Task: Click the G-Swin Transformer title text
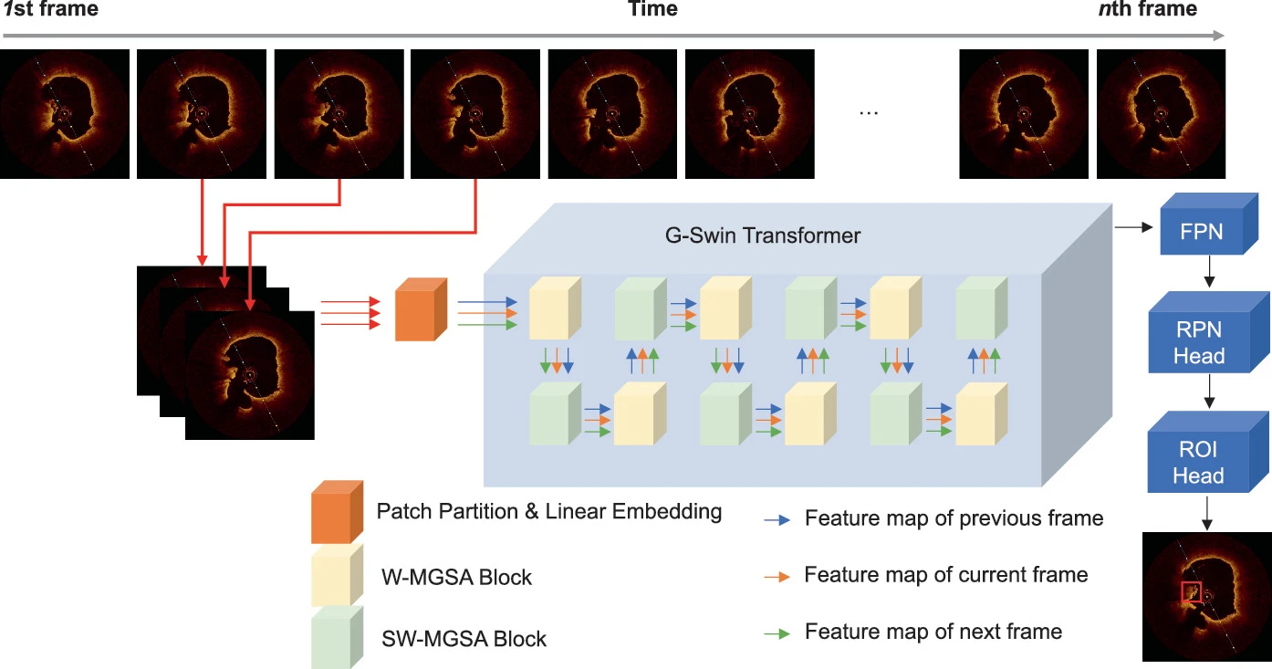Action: pyautogui.click(x=762, y=235)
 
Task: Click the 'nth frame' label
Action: pyautogui.click(x=1147, y=10)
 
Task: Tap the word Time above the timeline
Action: pyautogui.click(x=652, y=10)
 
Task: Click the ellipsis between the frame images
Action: pyautogui.click(x=869, y=111)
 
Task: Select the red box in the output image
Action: pyautogui.click(x=1192, y=592)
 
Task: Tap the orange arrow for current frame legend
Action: pyautogui.click(x=777, y=576)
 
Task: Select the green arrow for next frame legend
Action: pyautogui.click(x=777, y=632)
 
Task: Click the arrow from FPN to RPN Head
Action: pyautogui.click(x=1208, y=271)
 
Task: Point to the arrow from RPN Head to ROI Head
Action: pyautogui.click(x=1208, y=391)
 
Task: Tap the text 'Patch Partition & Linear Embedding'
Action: pyautogui.click(x=548, y=512)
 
